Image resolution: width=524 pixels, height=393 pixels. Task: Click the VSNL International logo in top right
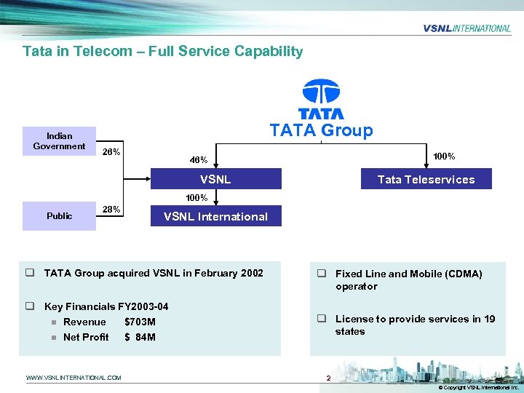pyautogui.click(x=467, y=28)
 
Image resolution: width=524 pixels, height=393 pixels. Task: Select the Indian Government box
pyautogui.click(x=59, y=141)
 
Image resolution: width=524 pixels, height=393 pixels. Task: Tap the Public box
pyautogui.click(x=59, y=216)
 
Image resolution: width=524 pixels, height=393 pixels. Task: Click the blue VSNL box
pyautogui.click(x=215, y=179)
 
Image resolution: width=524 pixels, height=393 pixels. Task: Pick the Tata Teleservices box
pyautogui.click(x=426, y=179)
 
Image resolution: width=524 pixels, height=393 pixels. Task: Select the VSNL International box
pyautogui.click(x=215, y=216)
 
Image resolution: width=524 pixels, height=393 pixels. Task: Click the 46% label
pyautogui.click(x=199, y=160)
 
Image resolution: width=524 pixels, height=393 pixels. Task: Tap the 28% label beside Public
pyautogui.click(x=111, y=210)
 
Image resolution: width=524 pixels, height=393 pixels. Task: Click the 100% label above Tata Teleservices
pyautogui.click(x=444, y=156)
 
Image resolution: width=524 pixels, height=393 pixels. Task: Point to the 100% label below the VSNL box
pyautogui.click(x=196, y=198)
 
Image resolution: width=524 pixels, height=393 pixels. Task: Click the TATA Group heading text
pyautogui.click(x=321, y=131)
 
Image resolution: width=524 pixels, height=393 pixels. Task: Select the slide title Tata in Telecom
pyautogui.click(x=162, y=52)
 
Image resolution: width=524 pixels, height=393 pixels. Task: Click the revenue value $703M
pyautogui.click(x=140, y=322)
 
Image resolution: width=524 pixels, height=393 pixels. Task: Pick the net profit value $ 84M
pyautogui.click(x=140, y=337)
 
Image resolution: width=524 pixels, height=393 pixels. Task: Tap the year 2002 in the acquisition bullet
pyautogui.click(x=250, y=274)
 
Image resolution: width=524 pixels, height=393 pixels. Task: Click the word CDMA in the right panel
pyautogui.click(x=461, y=274)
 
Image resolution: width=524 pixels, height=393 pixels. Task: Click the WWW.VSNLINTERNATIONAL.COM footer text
pyautogui.click(x=74, y=377)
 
